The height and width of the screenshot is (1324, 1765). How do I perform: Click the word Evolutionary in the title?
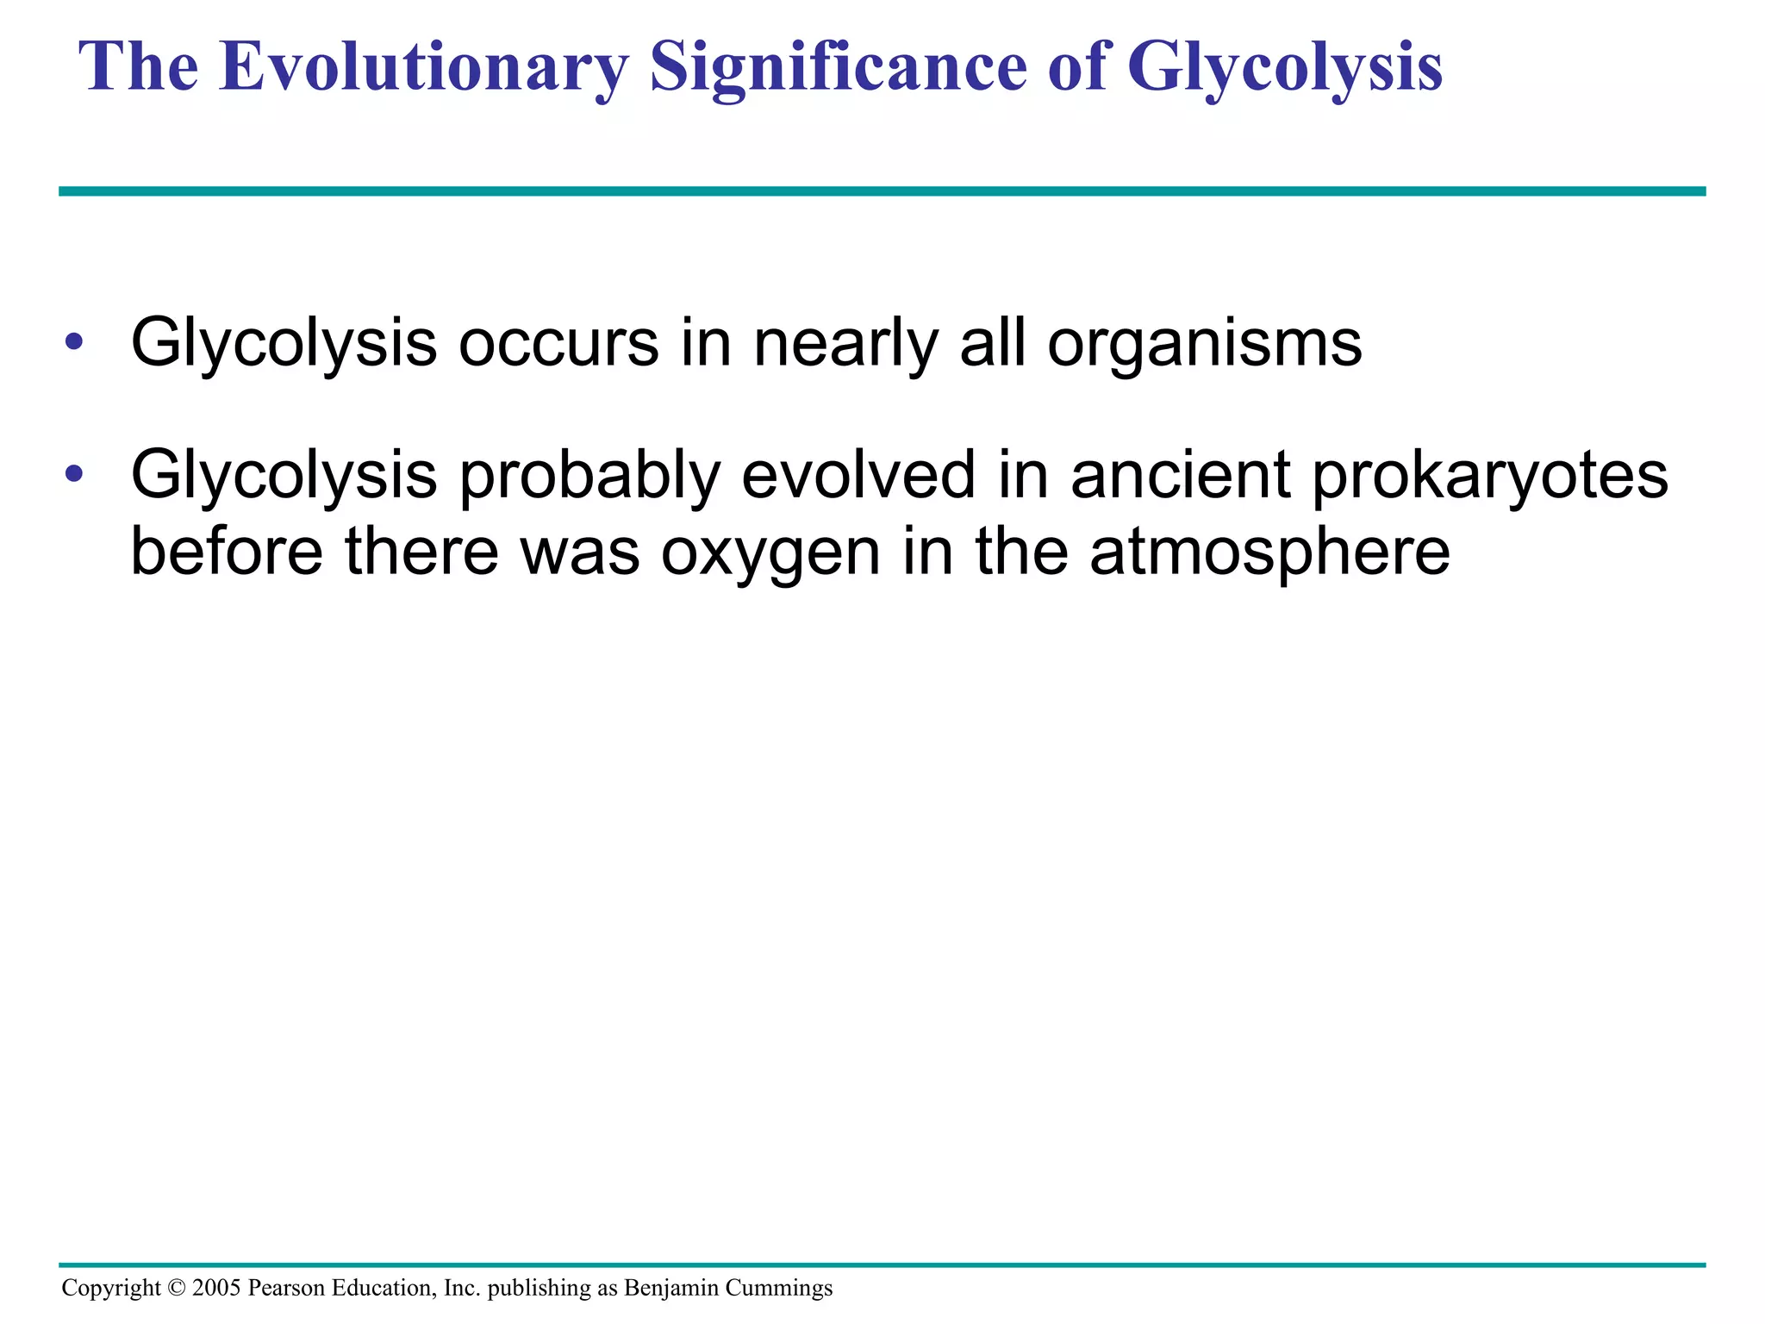pyautogui.click(x=423, y=67)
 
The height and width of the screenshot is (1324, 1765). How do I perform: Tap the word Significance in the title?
pyautogui.click(x=838, y=67)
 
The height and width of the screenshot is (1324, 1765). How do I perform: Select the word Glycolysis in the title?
pyautogui.click(x=1284, y=67)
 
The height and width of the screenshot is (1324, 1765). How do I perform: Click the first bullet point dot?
pyautogui.click(x=74, y=342)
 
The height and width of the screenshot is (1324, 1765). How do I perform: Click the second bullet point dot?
pyautogui.click(x=74, y=473)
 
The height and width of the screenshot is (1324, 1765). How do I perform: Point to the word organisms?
pyautogui.click(x=1204, y=343)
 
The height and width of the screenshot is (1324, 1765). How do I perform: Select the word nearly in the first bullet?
pyautogui.click(x=845, y=343)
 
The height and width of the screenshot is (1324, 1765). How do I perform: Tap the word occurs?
pyautogui.click(x=558, y=343)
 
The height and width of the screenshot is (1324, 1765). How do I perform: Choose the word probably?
pyautogui.click(x=589, y=475)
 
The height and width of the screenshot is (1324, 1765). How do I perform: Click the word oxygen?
pyautogui.click(x=770, y=553)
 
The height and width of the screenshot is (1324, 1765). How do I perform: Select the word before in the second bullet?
pyautogui.click(x=227, y=551)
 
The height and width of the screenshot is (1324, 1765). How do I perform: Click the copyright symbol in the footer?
pyautogui.click(x=176, y=1288)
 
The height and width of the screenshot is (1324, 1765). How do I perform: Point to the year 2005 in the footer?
pyautogui.click(x=216, y=1288)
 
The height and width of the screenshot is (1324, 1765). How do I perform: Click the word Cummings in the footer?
pyautogui.click(x=779, y=1288)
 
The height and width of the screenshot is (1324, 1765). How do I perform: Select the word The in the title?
pyautogui.click(x=138, y=67)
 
